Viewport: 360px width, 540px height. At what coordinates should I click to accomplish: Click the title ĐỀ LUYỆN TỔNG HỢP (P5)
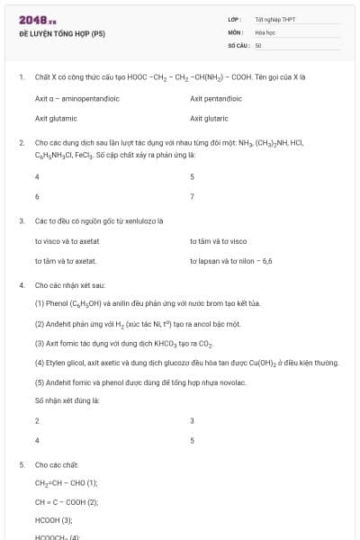(62, 33)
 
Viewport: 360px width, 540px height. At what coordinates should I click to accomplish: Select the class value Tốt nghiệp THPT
(275, 19)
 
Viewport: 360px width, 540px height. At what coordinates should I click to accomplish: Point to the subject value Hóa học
(265, 31)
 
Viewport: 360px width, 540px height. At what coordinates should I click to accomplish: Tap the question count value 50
(258, 44)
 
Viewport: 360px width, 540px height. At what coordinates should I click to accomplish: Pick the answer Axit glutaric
(209, 117)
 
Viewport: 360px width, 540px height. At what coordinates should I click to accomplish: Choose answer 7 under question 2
(192, 195)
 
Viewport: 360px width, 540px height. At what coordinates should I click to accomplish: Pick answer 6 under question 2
(37, 195)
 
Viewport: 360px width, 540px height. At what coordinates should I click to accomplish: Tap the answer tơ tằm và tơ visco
(218, 241)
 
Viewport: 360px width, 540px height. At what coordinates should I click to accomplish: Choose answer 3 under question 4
(192, 420)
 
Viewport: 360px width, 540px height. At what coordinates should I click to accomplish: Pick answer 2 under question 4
(37, 420)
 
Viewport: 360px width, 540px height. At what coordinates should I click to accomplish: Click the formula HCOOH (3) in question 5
(53, 519)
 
